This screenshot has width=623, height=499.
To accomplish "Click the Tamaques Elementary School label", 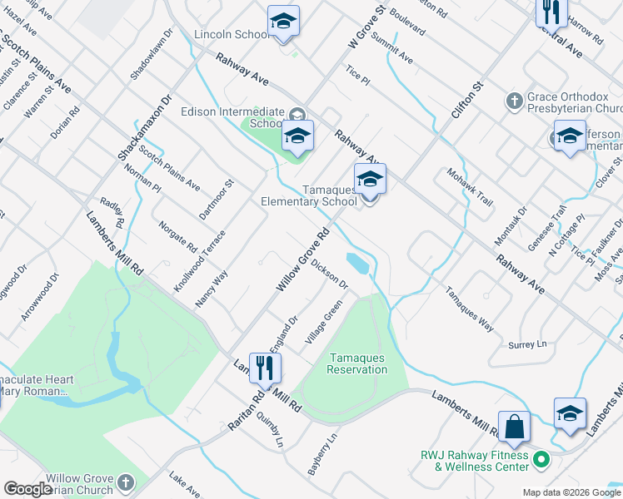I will [309, 195].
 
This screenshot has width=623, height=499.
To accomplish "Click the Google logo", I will [27, 489].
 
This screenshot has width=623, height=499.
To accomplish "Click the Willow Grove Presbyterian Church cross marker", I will [125, 482].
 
